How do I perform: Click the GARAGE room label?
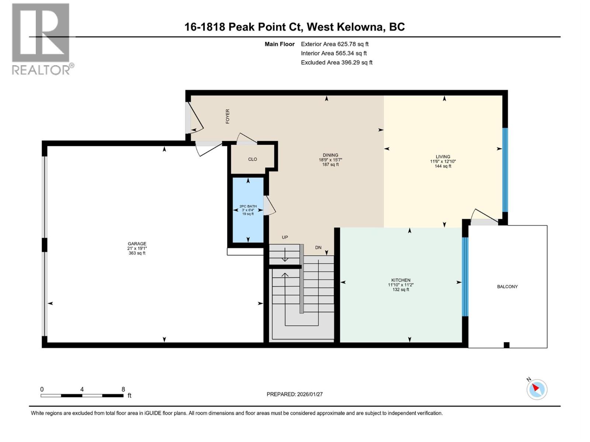pos(137,244)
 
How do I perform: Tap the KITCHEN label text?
pos(401,280)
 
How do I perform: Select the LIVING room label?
pos(443,157)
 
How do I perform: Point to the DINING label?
pos(330,155)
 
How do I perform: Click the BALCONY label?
pos(507,287)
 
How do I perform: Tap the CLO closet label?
pos(253,159)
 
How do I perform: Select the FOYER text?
pos(228,116)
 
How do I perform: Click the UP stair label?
pos(285,237)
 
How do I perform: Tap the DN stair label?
pos(318,248)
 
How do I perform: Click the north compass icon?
pos(537,389)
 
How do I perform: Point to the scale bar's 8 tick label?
pos(123,389)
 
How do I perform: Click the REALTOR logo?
pos(41,39)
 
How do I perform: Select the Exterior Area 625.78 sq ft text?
pos(334,44)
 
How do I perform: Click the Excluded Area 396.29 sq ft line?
pos(336,62)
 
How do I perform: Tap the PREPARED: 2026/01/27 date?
pos(295,394)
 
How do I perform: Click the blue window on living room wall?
pos(505,169)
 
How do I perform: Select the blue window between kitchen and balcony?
pos(465,276)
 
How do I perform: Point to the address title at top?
pos(295,27)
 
